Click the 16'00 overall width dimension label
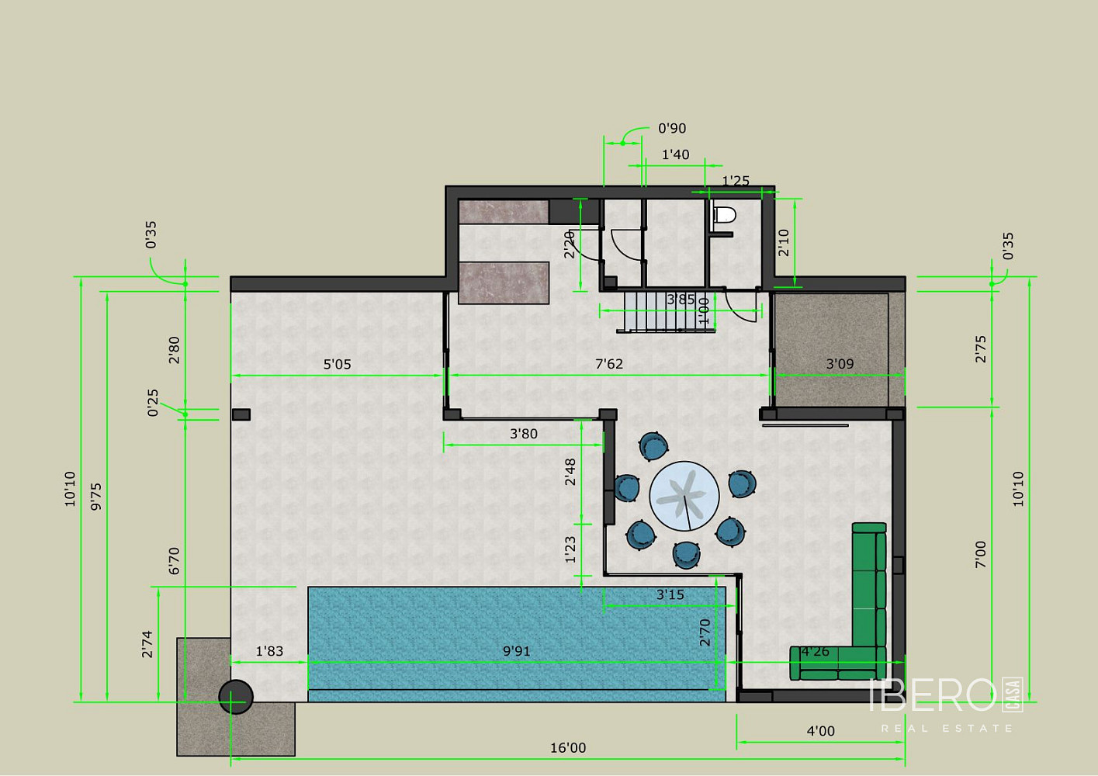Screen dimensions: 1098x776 click(568, 747)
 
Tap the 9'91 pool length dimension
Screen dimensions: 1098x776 click(517, 651)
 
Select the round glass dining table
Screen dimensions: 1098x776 click(684, 496)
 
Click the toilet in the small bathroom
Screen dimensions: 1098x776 click(725, 214)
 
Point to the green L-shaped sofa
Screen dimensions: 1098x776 click(868, 637)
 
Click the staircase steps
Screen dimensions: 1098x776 click(666, 311)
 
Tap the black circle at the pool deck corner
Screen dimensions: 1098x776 click(236, 697)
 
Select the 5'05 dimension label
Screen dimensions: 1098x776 click(338, 364)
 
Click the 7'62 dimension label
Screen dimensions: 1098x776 click(609, 364)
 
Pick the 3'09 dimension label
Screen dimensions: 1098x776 click(840, 364)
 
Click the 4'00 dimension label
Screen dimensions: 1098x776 click(821, 731)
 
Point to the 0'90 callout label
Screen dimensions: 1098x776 click(672, 129)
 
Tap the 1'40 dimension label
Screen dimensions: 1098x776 click(676, 155)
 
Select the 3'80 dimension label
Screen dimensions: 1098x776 click(524, 434)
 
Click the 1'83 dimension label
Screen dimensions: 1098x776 click(269, 651)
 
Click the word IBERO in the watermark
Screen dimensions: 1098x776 click(933, 695)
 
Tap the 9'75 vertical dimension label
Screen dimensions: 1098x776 click(96, 497)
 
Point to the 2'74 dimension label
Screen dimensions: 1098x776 click(147, 644)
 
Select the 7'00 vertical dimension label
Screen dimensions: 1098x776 click(980, 555)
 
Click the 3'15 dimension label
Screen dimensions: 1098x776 click(670, 594)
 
